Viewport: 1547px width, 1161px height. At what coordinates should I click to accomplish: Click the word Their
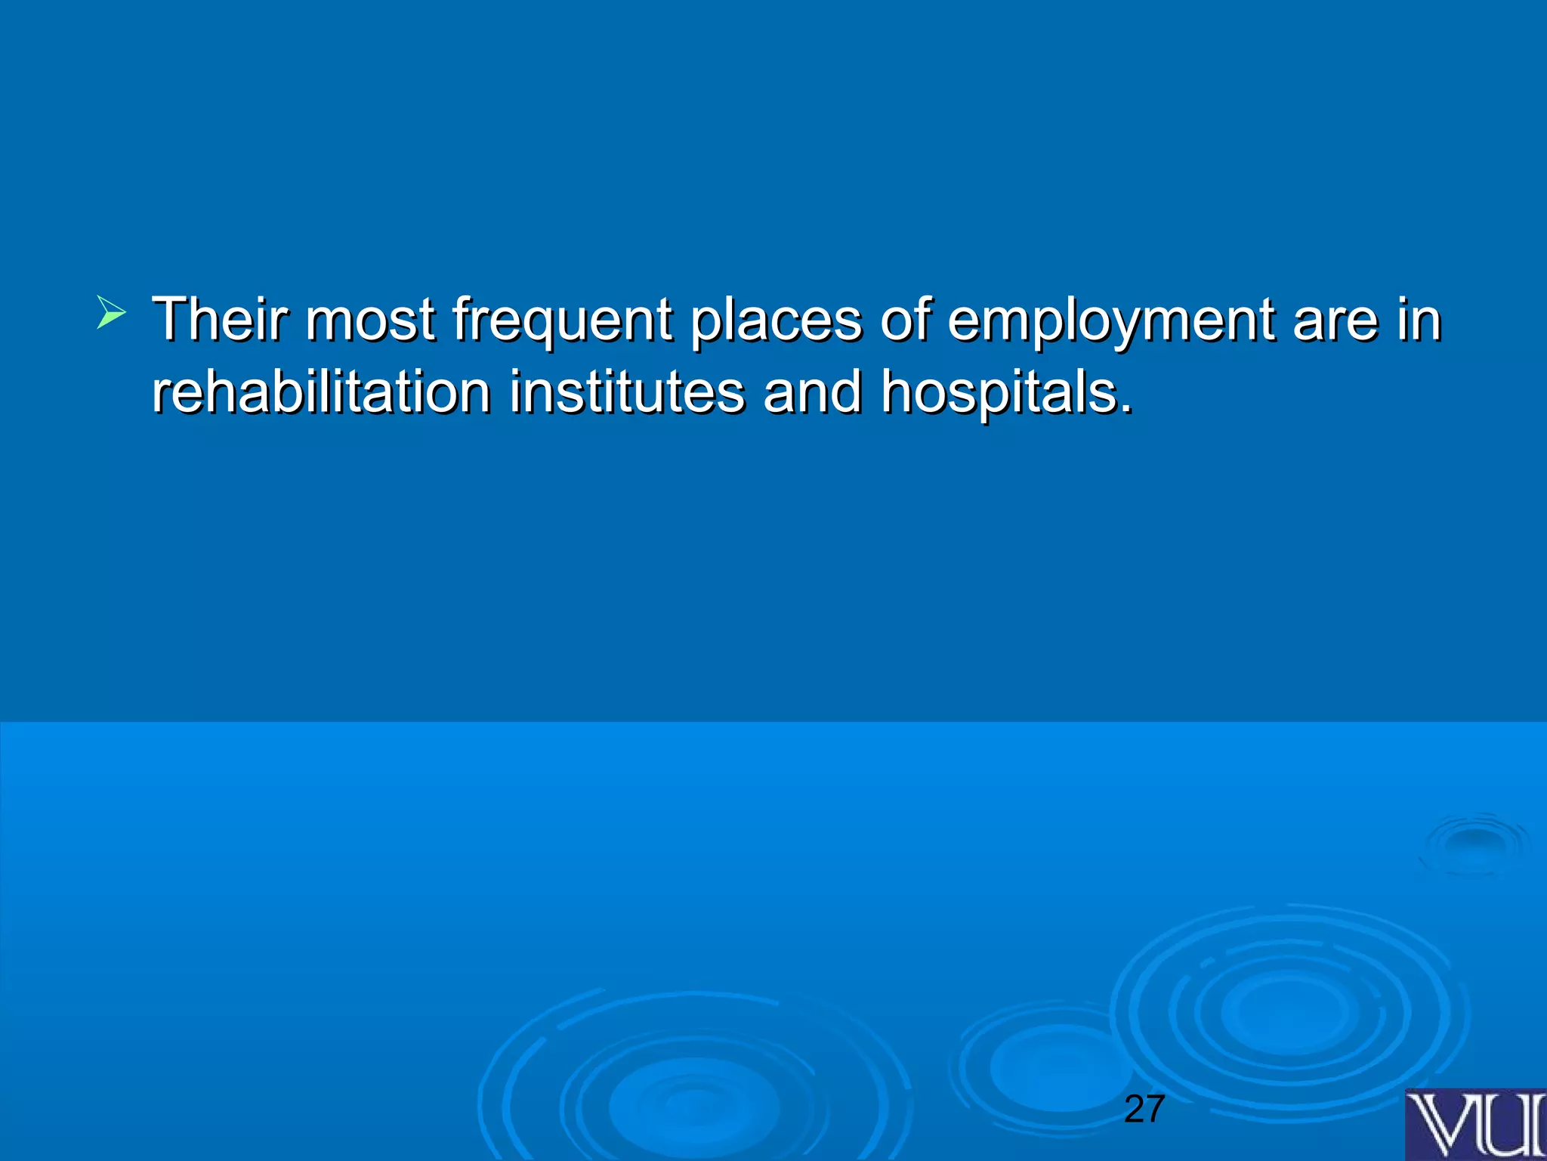(219, 319)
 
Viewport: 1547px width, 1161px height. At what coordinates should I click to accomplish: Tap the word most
(370, 319)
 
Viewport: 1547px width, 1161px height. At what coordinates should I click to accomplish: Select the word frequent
(562, 320)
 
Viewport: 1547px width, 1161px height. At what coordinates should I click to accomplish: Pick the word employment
(1110, 320)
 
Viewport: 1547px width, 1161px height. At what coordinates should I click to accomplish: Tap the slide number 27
(1144, 1109)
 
